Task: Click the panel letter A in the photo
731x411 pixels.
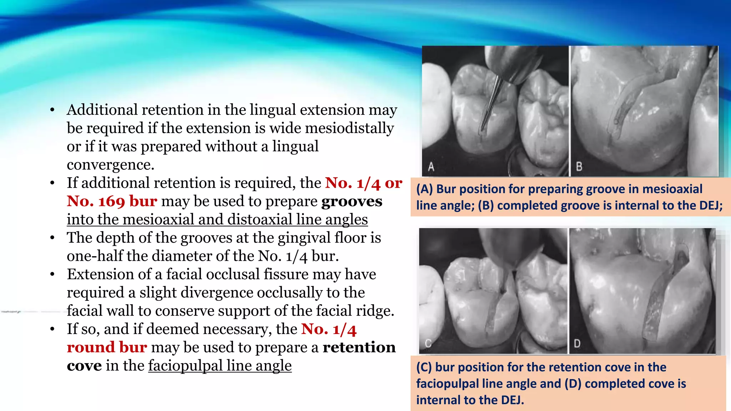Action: tap(431, 167)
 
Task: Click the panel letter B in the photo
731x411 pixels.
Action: tap(579, 167)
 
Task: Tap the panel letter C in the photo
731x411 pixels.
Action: tap(428, 343)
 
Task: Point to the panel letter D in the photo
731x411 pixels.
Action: tap(577, 344)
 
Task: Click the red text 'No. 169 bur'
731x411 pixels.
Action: tap(112, 201)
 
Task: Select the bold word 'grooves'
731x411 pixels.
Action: tap(352, 201)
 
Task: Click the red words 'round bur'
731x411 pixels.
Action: tap(107, 347)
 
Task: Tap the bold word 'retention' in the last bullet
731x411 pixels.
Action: tap(359, 347)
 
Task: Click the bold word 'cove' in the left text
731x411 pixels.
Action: tap(84, 365)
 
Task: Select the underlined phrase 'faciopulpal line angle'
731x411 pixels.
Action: tap(220, 365)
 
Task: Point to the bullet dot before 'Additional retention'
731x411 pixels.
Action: tap(52, 110)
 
